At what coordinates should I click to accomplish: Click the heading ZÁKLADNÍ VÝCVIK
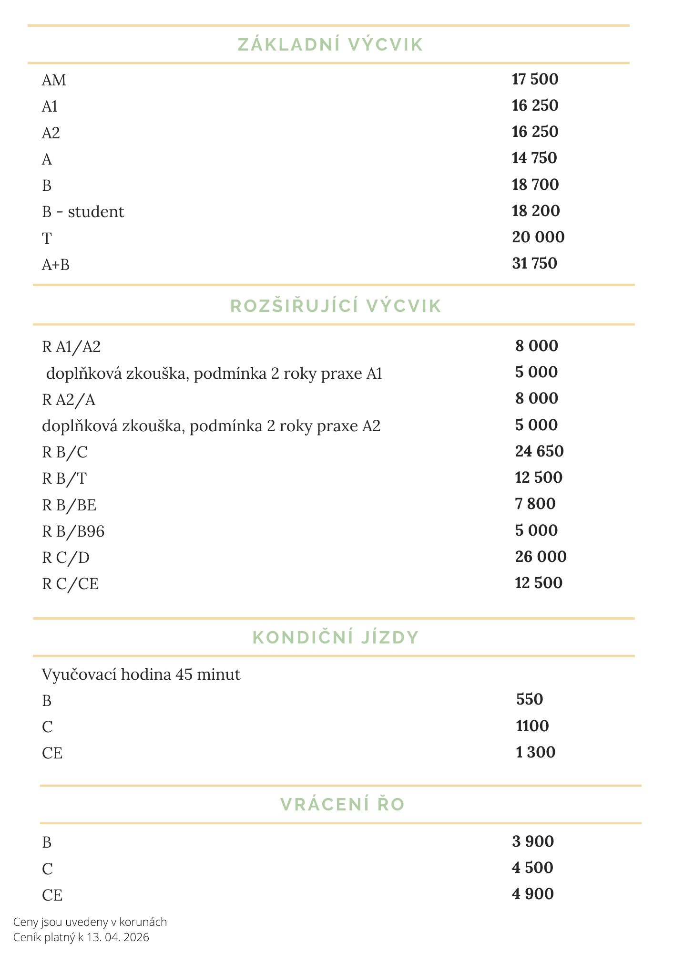330,44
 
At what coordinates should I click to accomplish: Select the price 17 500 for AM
535,79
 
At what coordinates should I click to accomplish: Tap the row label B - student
83,211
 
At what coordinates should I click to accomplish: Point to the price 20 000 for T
538,237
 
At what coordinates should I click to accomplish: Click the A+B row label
56,264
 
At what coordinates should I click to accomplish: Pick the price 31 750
534,263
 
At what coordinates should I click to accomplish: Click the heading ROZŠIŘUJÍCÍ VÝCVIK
336,306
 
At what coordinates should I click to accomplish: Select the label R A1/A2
71,347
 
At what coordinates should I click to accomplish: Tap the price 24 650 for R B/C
539,451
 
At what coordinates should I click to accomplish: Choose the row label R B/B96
73,531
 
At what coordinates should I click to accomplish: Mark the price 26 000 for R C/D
541,557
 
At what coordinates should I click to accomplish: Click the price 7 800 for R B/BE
535,504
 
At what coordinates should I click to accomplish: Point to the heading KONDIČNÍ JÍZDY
336,637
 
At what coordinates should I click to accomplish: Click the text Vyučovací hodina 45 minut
141,674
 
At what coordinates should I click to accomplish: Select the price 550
530,699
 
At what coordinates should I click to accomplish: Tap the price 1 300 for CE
536,752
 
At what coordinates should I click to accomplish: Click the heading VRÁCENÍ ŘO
342,804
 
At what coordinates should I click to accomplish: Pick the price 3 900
533,841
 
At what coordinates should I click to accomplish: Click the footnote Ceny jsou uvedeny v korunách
90,922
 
